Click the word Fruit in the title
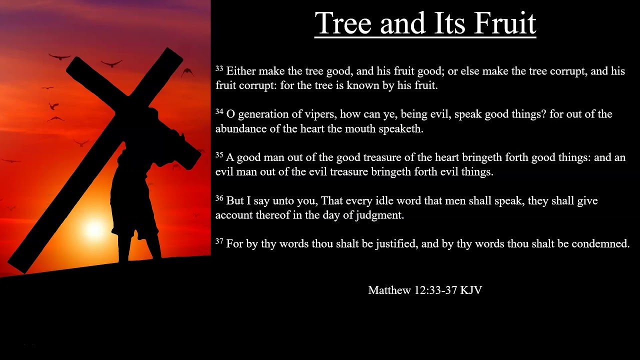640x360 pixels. click(505, 23)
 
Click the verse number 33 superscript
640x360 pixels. click(219, 68)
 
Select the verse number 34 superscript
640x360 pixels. click(219, 111)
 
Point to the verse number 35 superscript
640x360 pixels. click(219, 155)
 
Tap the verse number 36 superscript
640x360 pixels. click(219, 198)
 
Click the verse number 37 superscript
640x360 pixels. click(219, 241)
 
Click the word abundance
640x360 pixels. click(239, 128)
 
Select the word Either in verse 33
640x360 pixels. click(241, 71)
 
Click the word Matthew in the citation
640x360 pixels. click(389, 290)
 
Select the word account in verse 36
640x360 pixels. click(233, 215)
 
